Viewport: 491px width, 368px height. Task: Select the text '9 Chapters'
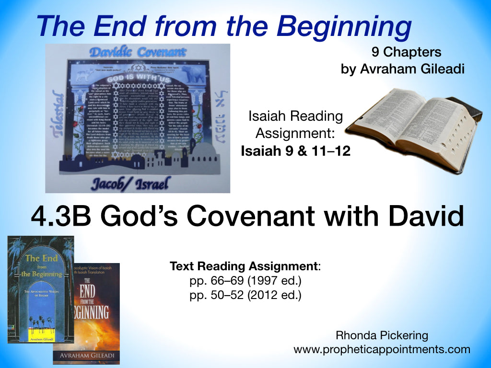coord(406,52)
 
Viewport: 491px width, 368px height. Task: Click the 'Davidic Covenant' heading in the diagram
coord(138,53)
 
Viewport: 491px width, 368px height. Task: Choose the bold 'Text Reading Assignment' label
coord(244,266)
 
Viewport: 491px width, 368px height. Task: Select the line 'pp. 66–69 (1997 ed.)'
coord(245,281)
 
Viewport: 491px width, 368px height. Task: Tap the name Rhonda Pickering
coord(382,335)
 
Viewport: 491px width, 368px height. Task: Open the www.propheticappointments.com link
coord(382,349)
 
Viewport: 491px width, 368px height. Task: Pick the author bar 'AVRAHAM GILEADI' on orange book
coord(86,356)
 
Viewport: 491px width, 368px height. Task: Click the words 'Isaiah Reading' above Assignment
coord(295,116)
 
